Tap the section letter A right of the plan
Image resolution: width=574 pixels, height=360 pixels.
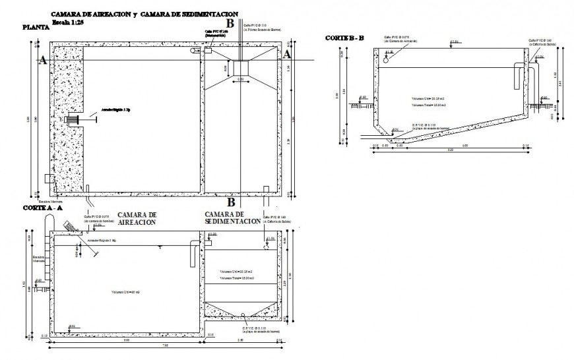click(x=287, y=55)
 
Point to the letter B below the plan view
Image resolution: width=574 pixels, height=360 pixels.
click(x=231, y=202)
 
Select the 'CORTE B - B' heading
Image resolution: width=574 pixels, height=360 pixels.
click(x=344, y=38)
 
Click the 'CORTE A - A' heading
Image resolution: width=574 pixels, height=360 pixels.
click(x=43, y=207)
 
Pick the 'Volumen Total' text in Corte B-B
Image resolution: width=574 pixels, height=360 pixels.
click(x=429, y=105)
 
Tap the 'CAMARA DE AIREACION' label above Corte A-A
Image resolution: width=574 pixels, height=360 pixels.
click(x=137, y=219)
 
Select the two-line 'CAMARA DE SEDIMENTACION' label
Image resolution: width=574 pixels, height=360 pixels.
click(x=232, y=218)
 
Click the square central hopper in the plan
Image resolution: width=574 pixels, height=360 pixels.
click(x=239, y=68)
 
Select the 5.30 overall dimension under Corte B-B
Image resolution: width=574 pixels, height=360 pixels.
click(x=450, y=151)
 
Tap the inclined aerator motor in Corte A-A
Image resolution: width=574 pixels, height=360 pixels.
click(x=68, y=226)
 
